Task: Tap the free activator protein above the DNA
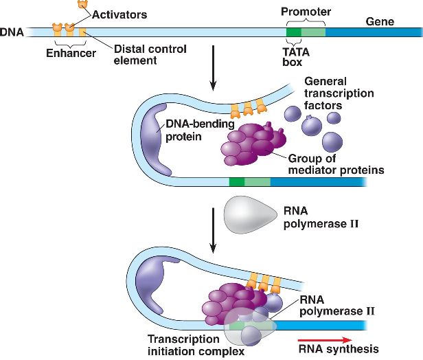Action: click(84, 4)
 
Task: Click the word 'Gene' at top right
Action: click(380, 21)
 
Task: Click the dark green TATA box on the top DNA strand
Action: click(293, 32)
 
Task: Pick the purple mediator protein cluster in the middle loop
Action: click(251, 144)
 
